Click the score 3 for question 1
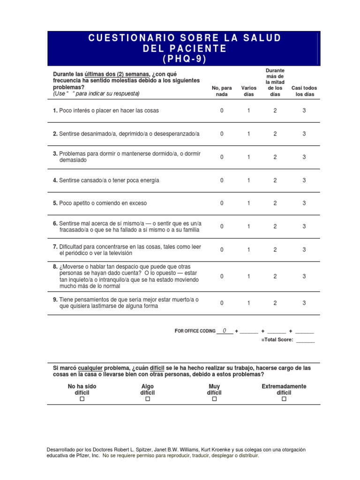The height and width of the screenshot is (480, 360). (304, 111)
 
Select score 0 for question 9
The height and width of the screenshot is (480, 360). (222, 303)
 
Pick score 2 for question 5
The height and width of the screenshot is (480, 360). (275, 203)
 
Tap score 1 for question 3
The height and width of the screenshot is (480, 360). (248, 157)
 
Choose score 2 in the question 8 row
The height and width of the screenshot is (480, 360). (275, 276)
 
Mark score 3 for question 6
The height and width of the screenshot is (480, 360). (304, 226)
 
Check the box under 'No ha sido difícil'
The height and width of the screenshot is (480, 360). (82, 399)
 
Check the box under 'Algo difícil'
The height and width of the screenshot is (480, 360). (147, 399)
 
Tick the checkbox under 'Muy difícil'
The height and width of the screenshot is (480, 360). (214, 399)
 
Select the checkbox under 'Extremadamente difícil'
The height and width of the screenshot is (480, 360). (284, 399)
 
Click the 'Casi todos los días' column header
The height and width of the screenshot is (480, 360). (304, 91)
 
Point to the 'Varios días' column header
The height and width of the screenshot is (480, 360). (248, 91)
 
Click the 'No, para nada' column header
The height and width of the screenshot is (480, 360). (222, 91)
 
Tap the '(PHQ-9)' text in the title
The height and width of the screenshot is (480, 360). (184, 59)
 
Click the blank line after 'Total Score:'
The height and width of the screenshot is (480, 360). (306, 340)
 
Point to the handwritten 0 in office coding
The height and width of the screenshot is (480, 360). (225, 330)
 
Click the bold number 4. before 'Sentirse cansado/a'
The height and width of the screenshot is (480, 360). (55, 180)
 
